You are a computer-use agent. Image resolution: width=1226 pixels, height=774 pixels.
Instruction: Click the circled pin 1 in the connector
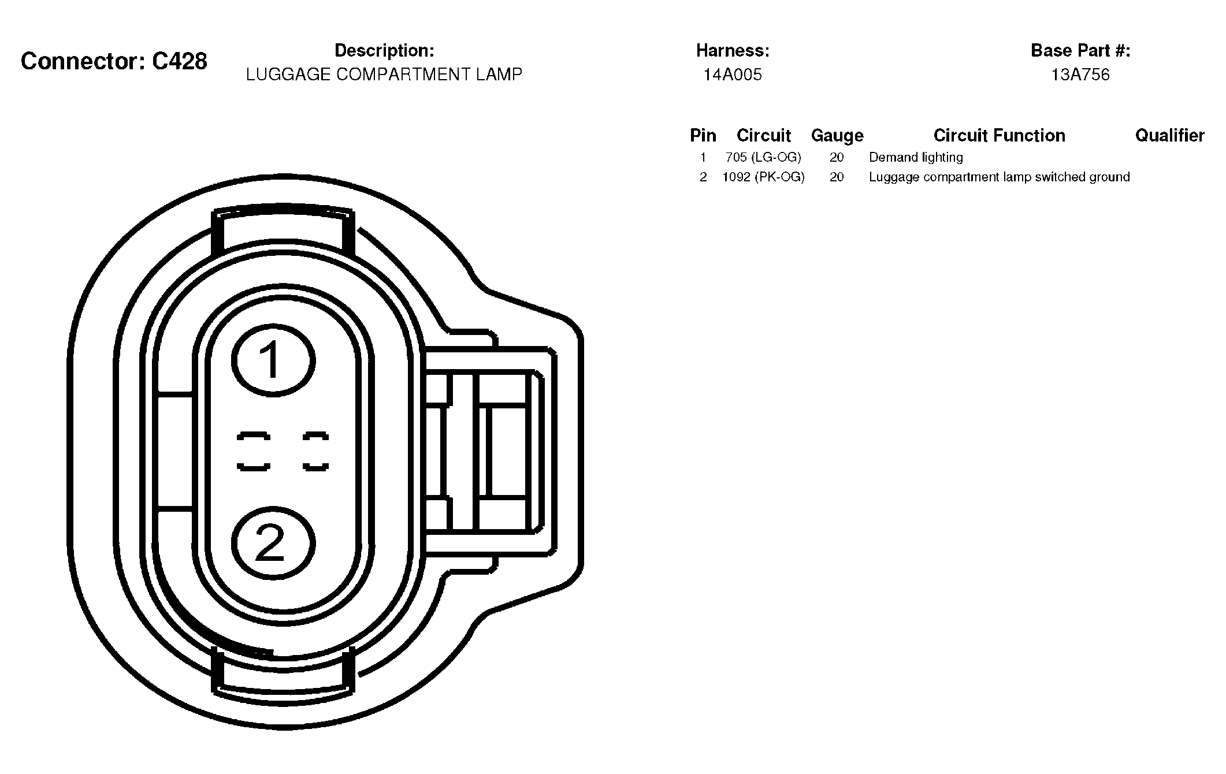tap(273, 361)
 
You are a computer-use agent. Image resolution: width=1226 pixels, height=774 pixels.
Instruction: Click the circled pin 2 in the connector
tap(273, 544)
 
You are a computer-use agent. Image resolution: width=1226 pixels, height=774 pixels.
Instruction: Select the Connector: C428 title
tap(114, 61)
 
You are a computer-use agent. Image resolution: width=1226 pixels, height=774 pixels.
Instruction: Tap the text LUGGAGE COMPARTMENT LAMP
tap(384, 75)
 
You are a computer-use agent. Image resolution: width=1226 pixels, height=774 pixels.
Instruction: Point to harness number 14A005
tap(733, 75)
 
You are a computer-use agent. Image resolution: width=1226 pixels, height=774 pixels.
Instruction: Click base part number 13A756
tap(1080, 75)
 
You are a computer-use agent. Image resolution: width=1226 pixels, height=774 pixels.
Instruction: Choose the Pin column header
tap(703, 135)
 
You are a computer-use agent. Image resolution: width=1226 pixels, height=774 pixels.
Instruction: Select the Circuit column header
tap(764, 135)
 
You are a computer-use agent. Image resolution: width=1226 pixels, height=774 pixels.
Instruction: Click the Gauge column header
tap(837, 136)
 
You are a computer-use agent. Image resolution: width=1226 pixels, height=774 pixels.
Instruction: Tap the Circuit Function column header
tap(1000, 135)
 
